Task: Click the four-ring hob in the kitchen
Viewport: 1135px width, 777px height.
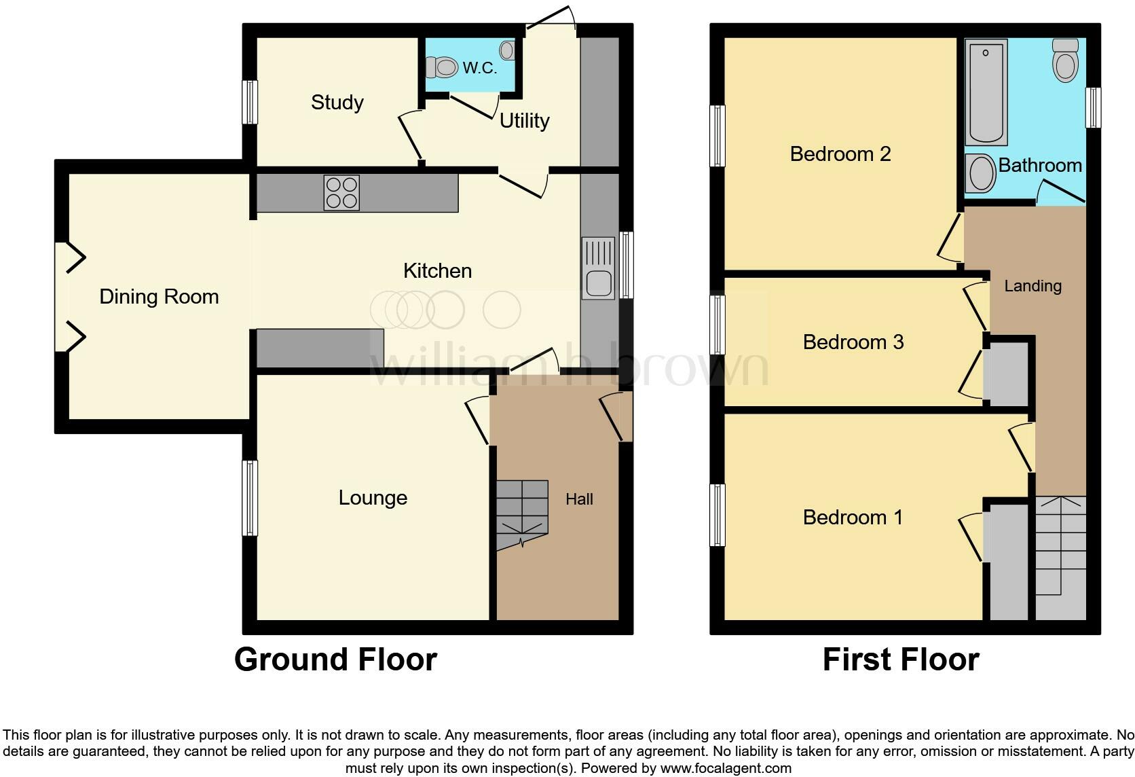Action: (x=341, y=193)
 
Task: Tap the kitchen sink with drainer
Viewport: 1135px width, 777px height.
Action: (x=599, y=268)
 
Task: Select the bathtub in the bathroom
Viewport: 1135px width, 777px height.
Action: (x=986, y=92)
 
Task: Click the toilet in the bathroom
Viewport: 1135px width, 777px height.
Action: (x=1065, y=60)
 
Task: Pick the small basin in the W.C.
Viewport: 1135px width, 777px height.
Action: (x=506, y=50)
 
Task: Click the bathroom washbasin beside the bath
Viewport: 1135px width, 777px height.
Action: (x=980, y=173)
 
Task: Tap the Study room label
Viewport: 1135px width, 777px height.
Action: (x=337, y=103)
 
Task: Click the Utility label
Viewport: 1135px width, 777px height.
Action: (x=525, y=121)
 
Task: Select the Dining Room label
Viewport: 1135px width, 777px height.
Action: (x=159, y=297)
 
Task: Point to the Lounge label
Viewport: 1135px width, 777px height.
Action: (x=373, y=498)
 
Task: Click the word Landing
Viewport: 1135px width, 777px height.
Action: (x=1032, y=286)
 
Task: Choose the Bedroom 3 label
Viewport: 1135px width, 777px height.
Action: (x=853, y=342)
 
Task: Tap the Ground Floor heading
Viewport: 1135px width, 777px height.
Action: (x=335, y=659)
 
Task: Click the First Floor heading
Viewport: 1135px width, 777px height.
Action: (x=901, y=659)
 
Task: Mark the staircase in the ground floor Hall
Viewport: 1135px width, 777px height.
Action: (x=522, y=514)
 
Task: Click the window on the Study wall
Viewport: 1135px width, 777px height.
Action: (x=250, y=103)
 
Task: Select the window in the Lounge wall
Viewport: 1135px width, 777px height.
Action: (x=250, y=498)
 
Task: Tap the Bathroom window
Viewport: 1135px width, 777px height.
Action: (x=1093, y=107)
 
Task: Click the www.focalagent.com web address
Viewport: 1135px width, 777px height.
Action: (x=726, y=768)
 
